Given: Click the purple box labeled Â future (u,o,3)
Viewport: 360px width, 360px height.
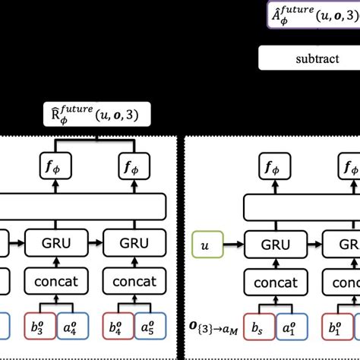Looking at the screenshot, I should [313, 14].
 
